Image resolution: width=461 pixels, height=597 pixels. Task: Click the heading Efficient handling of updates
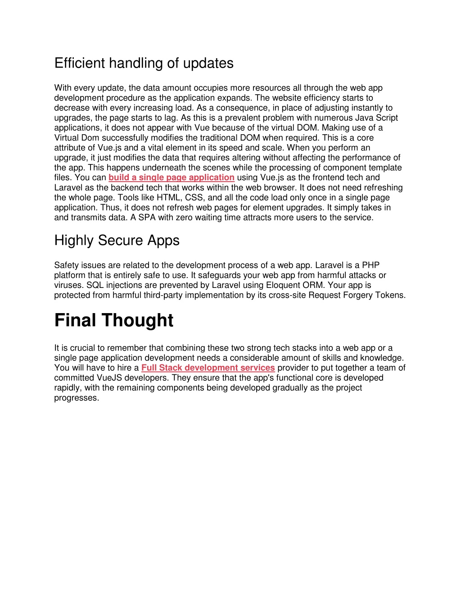tap(144, 63)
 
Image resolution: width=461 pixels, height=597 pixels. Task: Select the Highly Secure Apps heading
tap(117, 241)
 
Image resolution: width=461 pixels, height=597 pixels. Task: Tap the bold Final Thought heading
tap(113, 320)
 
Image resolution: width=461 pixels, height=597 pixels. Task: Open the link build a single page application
tap(171, 178)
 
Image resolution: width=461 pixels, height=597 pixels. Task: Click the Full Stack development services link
tap(208, 368)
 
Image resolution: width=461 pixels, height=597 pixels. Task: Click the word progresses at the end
tap(76, 398)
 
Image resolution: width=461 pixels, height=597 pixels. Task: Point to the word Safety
tap(67, 265)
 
